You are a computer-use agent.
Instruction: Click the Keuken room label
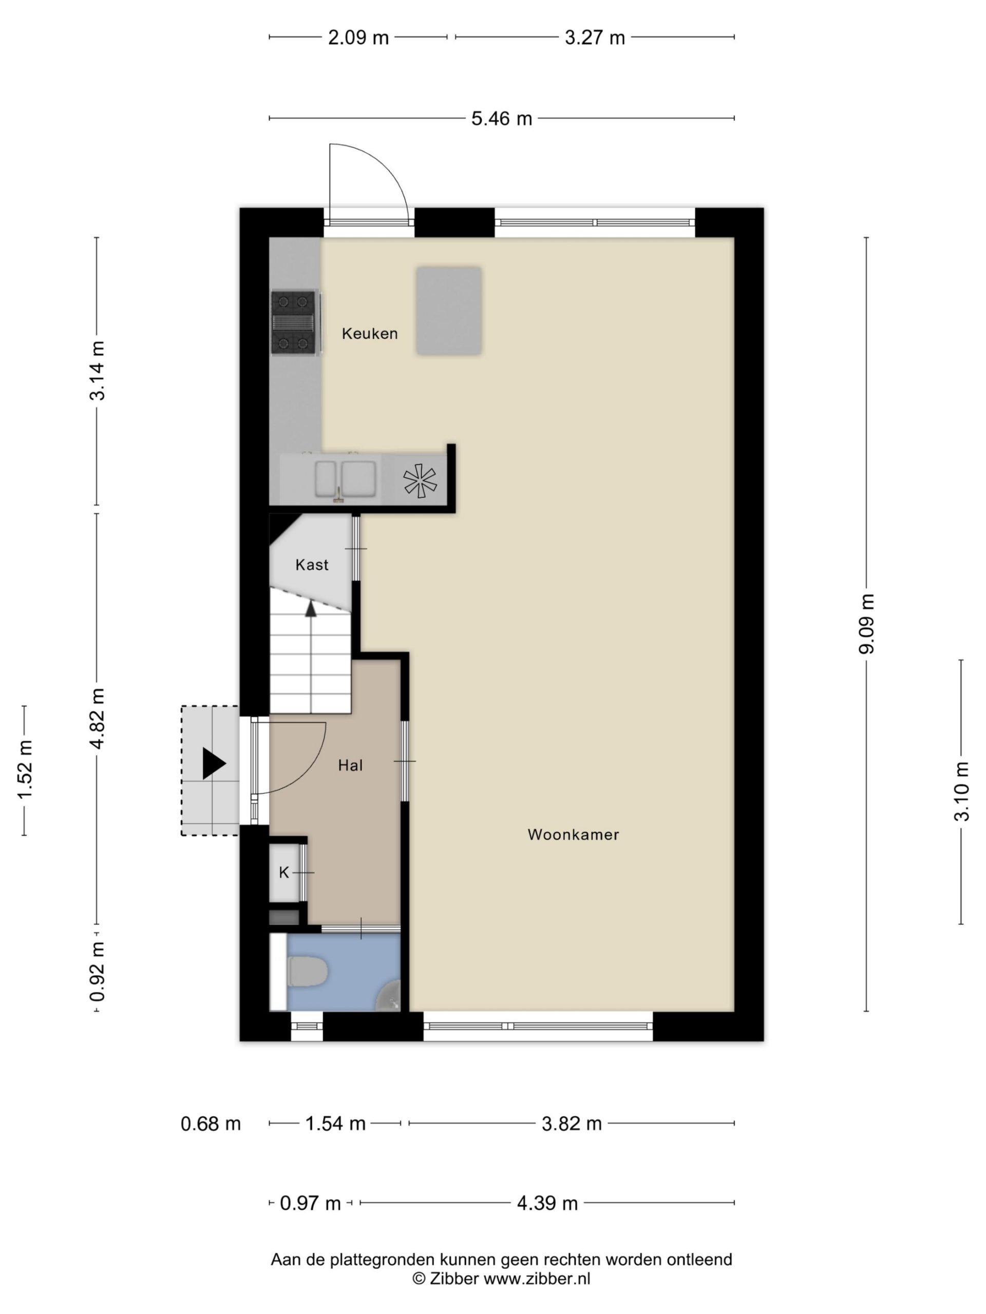(x=369, y=333)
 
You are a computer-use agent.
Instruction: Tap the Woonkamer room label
(x=573, y=834)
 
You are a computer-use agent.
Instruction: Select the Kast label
(x=311, y=564)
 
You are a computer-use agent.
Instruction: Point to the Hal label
(x=350, y=765)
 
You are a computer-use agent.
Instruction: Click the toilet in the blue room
(x=307, y=971)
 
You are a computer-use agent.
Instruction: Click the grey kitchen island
(x=449, y=311)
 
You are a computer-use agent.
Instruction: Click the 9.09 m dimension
(x=866, y=623)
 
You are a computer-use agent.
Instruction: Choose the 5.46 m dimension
(x=502, y=119)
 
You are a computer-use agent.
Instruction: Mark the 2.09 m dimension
(x=358, y=38)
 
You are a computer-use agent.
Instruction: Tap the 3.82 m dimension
(x=572, y=1123)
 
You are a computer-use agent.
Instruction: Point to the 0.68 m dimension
(x=211, y=1123)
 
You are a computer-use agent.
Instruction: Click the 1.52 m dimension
(x=24, y=770)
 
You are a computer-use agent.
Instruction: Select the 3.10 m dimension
(x=961, y=791)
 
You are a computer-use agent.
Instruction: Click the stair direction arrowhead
(x=310, y=608)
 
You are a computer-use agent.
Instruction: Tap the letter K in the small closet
(x=284, y=872)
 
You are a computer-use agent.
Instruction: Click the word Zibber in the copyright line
(x=454, y=1279)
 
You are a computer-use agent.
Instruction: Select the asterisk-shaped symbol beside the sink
(x=420, y=480)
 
